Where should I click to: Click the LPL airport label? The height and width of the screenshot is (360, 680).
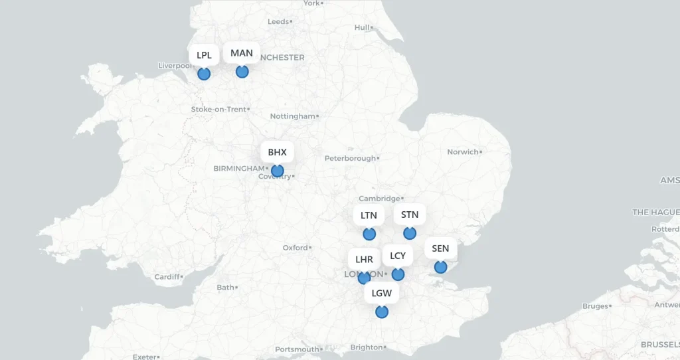click(204, 55)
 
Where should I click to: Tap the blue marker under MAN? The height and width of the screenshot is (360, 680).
click(242, 71)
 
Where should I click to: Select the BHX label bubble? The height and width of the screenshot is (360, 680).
click(277, 152)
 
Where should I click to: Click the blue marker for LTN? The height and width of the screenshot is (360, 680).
click(369, 234)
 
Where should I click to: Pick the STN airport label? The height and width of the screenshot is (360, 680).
click(410, 215)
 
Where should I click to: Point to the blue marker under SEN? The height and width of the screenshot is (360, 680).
click(440, 267)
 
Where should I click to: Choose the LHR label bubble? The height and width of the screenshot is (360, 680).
click(364, 259)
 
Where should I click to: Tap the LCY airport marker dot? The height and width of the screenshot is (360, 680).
click(398, 274)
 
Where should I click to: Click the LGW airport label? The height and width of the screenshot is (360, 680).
click(382, 293)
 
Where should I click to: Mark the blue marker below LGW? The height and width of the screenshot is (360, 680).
click(382, 312)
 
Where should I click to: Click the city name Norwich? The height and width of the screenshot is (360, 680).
click(463, 152)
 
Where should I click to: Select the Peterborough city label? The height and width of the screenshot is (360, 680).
click(350, 158)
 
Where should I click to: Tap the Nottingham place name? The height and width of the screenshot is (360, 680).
click(293, 116)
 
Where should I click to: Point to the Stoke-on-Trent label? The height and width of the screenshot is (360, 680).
click(218, 109)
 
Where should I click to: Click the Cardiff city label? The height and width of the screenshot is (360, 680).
click(167, 276)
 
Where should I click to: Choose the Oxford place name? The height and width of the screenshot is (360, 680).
click(296, 248)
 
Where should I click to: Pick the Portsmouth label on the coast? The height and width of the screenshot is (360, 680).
click(297, 349)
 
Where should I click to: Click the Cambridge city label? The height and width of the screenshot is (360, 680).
click(379, 199)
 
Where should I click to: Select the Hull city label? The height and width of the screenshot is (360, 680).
click(362, 28)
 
